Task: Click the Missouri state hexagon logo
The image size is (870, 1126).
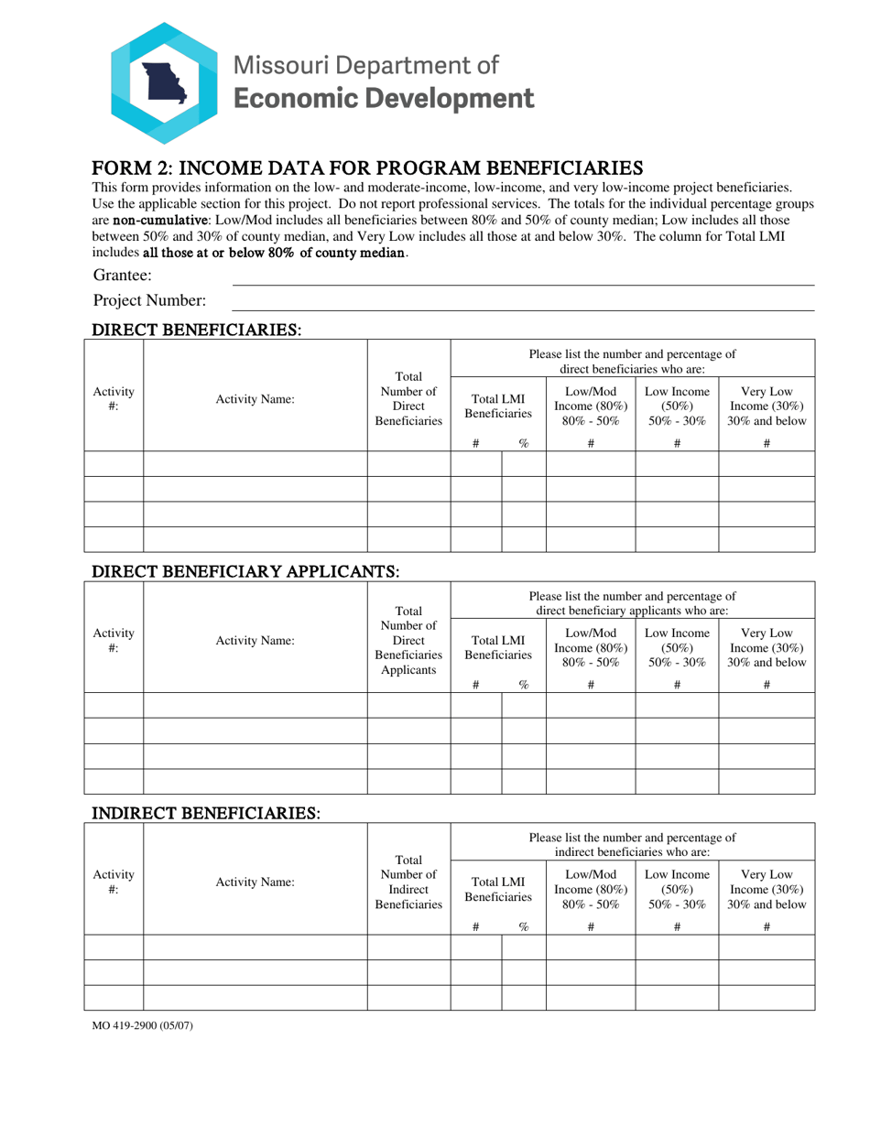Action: [165, 82]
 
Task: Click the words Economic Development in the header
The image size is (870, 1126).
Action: [384, 98]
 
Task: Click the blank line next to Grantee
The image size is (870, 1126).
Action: [522, 276]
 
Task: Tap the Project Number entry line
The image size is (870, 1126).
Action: [522, 302]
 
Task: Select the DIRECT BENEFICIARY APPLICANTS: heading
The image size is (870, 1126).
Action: [245, 571]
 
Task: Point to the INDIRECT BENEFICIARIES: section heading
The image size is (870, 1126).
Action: [204, 813]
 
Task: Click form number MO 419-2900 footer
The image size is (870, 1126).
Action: [142, 1025]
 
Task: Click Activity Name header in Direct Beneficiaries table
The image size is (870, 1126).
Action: [255, 399]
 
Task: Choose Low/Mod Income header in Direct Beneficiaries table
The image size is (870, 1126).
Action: [591, 399]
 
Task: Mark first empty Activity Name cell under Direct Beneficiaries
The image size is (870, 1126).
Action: [255, 464]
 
